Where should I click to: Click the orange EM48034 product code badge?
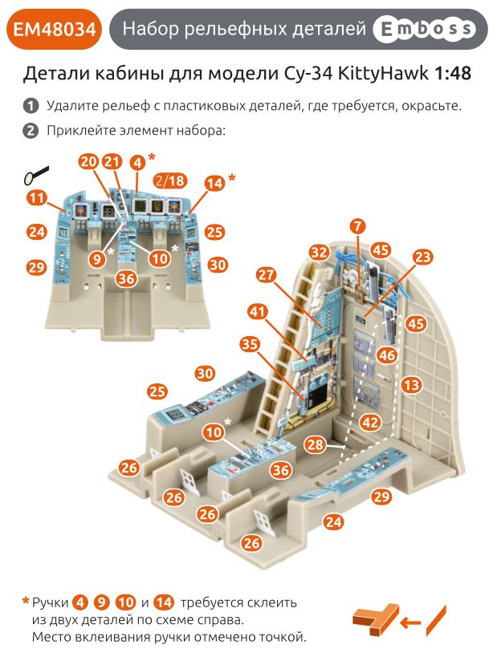point(54,30)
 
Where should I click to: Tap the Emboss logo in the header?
point(424,30)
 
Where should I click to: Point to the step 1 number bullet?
point(31,106)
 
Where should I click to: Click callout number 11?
point(36,197)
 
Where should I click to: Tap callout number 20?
point(88,162)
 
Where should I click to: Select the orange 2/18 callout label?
point(169,181)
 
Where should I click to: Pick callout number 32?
point(320,252)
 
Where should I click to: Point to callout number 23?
point(422,257)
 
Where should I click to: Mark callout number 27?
point(267,274)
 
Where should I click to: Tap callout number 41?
point(257,310)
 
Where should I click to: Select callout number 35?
point(250,344)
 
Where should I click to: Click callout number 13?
point(411,385)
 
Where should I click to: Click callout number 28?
point(315,444)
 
